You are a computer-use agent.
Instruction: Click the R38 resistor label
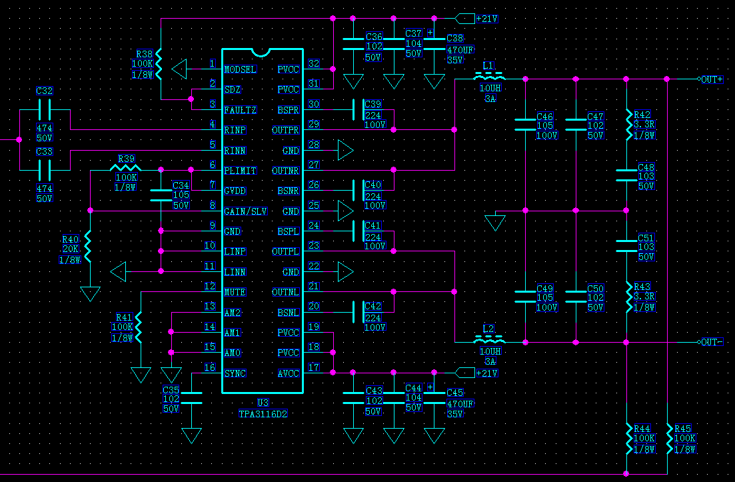pyautogui.click(x=145, y=55)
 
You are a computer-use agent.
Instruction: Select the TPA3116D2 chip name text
pyautogui.click(x=263, y=413)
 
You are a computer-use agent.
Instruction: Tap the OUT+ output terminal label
pyautogui.click(x=712, y=79)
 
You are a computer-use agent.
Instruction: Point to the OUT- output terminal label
pyautogui.click(x=712, y=342)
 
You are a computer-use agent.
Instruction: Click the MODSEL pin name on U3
pyautogui.click(x=240, y=69)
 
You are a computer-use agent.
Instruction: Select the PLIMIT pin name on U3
pyautogui.click(x=240, y=171)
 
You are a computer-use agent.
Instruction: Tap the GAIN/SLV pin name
pyautogui.click(x=245, y=211)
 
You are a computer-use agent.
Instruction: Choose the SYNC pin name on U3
pyautogui.click(x=235, y=373)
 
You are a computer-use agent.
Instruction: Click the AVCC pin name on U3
pyautogui.click(x=289, y=373)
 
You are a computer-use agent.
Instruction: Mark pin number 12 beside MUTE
pyautogui.click(x=210, y=287)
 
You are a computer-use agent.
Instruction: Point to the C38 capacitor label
pyautogui.click(x=454, y=39)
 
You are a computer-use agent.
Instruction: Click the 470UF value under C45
pyautogui.click(x=460, y=403)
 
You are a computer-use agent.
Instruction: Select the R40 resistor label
pyautogui.click(x=70, y=239)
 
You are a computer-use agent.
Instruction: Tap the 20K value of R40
pyautogui.click(x=71, y=249)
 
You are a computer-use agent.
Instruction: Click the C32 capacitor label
pyautogui.click(x=45, y=91)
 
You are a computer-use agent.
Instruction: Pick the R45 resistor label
pyautogui.click(x=683, y=429)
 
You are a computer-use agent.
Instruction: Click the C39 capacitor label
pyautogui.click(x=373, y=105)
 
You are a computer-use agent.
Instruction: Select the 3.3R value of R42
pyautogui.click(x=644, y=125)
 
